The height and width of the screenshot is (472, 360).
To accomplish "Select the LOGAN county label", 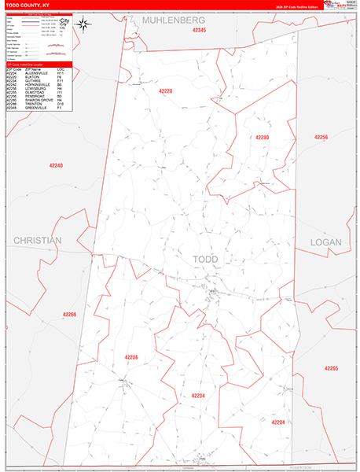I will click(x=326, y=242).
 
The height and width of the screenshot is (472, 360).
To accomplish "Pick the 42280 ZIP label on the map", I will click(x=262, y=138).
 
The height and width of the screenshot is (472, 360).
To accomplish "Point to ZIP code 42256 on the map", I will click(x=321, y=138).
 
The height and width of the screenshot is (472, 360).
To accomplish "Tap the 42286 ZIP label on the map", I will click(x=131, y=357).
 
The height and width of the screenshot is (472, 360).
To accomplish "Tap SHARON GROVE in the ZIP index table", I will click(x=39, y=100).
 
